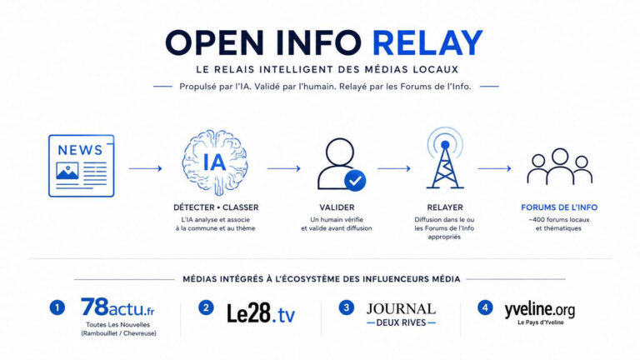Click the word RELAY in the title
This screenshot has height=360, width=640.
coord(427,42)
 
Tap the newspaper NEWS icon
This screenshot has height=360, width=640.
coord(81,166)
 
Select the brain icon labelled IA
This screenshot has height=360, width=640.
coord(215,162)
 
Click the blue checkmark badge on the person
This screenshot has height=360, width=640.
coord(355,180)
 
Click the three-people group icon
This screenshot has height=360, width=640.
coord(560,166)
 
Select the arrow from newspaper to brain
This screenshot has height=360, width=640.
coord(145,168)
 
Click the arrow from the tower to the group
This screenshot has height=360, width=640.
coord(495,168)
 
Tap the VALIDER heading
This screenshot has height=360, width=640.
coord(337,207)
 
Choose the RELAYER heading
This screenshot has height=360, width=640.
coord(445,207)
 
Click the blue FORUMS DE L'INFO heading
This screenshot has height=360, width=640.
coord(559,207)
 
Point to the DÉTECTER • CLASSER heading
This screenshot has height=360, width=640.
coord(216,207)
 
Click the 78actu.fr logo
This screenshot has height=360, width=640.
coord(117,307)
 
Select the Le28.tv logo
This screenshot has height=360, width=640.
coord(261,313)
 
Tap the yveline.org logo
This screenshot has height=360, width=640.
coord(540,313)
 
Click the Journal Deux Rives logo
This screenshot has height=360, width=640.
coord(401,315)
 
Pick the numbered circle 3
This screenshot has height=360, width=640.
coord(346,307)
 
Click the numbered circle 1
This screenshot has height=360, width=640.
coord(57,307)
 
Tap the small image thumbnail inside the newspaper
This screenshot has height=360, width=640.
coord(67,171)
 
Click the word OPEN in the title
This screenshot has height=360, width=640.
coord(215,42)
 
